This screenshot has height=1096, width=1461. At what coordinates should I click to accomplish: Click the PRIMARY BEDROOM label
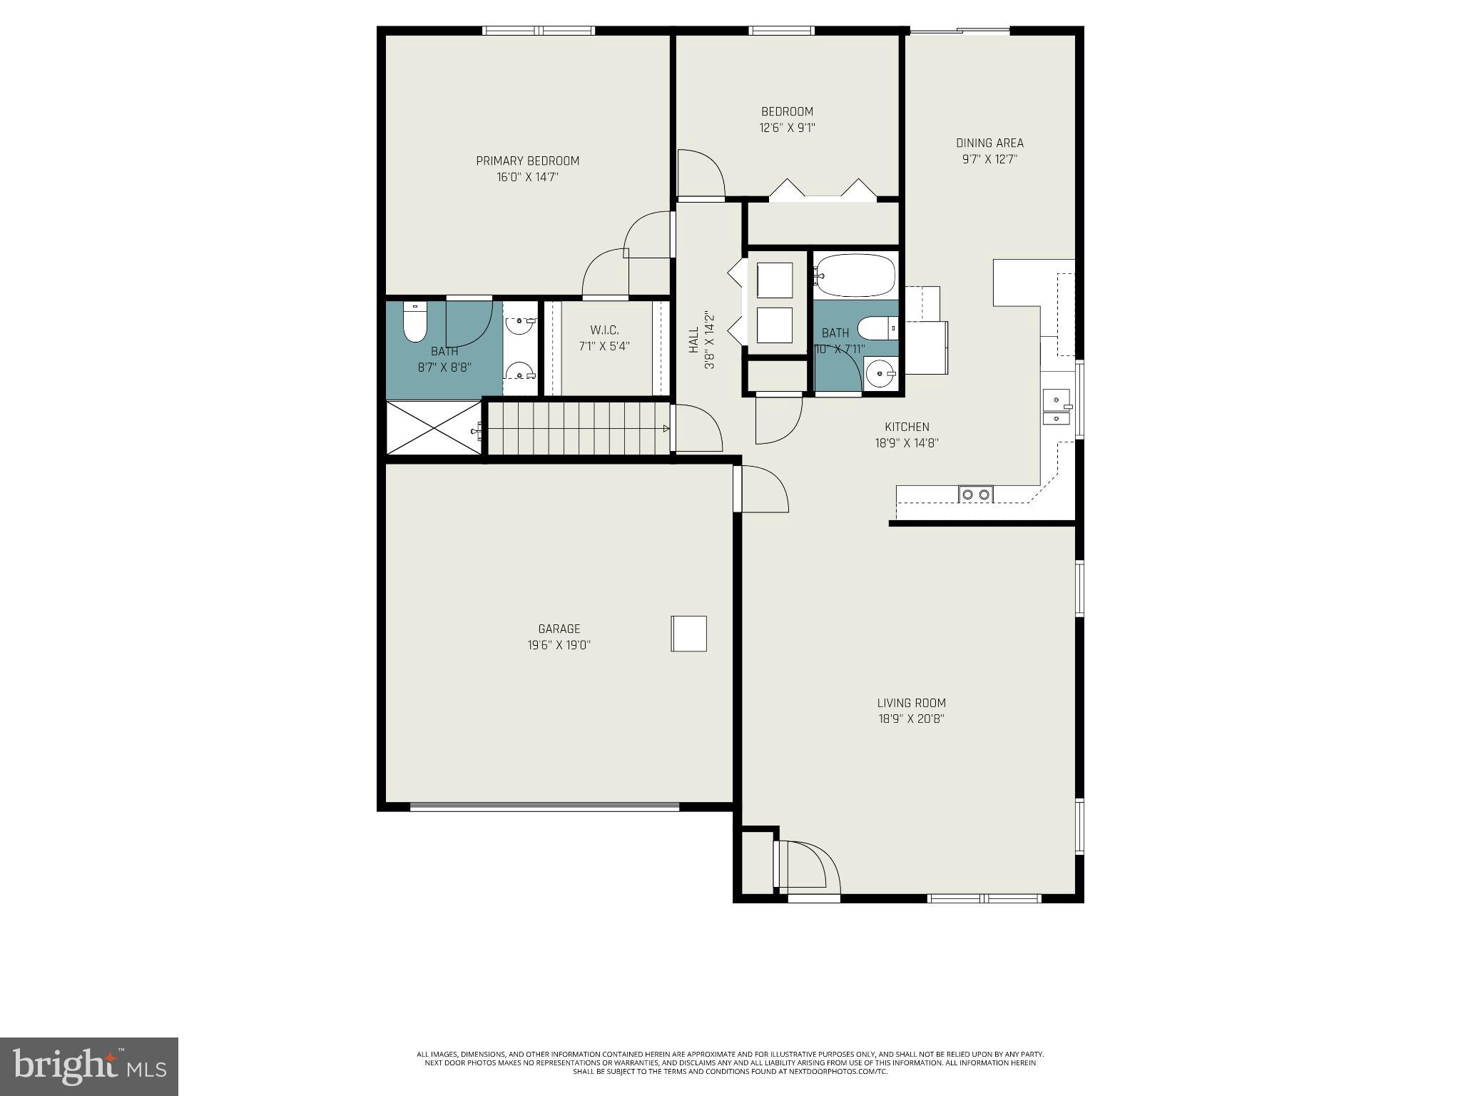(x=527, y=161)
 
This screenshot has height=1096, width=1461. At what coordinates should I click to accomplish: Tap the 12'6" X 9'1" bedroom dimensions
(x=787, y=128)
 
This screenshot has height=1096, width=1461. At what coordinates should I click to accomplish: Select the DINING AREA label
(x=989, y=143)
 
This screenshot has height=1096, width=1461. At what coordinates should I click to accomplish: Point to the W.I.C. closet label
(x=604, y=330)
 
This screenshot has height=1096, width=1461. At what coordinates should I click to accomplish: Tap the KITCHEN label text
(x=907, y=427)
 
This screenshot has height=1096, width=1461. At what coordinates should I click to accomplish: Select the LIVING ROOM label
(x=911, y=703)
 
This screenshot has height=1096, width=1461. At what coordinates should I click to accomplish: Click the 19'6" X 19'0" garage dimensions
(x=559, y=645)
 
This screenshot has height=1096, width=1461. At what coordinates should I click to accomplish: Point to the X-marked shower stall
(x=434, y=427)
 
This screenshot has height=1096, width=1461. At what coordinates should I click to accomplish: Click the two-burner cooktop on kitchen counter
(x=975, y=494)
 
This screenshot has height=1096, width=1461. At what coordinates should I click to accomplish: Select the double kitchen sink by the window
(x=1057, y=407)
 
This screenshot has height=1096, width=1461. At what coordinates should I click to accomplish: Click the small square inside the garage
(x=688, y=634)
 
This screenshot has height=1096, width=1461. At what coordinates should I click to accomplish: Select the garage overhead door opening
(x=544, y=807)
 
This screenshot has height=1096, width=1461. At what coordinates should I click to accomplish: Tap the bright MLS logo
(x=89, y=1067)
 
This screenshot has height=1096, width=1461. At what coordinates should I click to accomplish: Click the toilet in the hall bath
(x=877, y=328)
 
